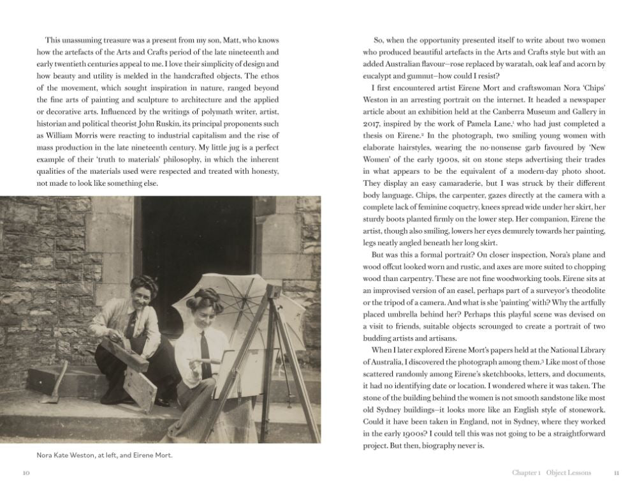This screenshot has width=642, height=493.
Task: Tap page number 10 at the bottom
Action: coord(26,473)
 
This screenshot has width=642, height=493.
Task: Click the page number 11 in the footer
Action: coord(616,473)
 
